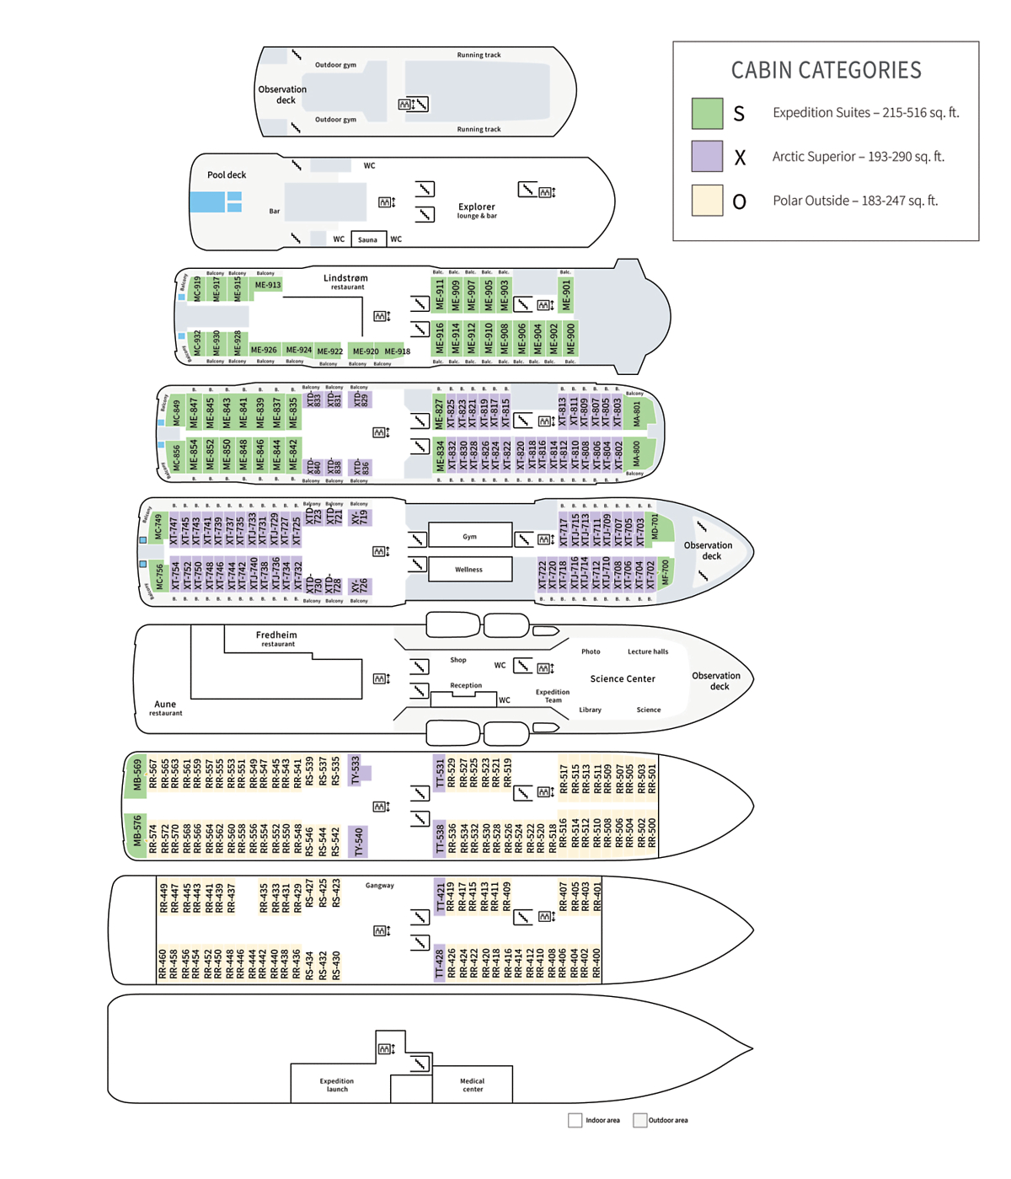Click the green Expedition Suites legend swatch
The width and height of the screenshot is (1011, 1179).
(707, 113)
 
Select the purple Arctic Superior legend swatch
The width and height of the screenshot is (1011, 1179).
(707, 157)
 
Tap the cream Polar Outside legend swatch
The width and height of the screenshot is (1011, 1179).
(707, 201)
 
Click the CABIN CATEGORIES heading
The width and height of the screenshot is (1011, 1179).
(826, 70)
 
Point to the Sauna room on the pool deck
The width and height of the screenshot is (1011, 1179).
(368, 239)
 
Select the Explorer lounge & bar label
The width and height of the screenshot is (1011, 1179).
(477, 210)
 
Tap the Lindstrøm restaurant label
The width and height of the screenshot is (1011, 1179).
(345, 281)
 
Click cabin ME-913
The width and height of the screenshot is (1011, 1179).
(268, 285)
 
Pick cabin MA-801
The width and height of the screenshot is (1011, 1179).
(638, 414)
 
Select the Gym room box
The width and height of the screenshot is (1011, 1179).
(469, 536)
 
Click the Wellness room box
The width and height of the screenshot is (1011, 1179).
(469, 570)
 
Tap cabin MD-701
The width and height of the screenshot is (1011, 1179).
(655, 527)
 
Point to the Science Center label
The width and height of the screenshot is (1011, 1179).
(623, 678)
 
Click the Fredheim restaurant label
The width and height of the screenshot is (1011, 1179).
(276, 639)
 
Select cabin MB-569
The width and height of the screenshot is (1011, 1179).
(136, 776)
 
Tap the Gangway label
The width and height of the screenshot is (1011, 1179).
(380, 885)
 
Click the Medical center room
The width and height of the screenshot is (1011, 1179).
(472, 1085)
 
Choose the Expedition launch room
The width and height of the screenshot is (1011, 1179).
(337, 1085)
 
